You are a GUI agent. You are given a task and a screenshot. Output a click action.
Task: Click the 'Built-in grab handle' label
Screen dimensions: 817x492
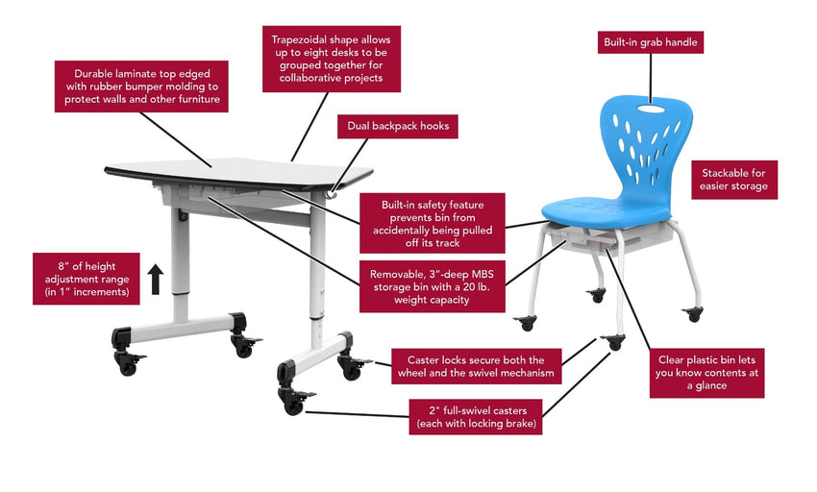pos(651,42)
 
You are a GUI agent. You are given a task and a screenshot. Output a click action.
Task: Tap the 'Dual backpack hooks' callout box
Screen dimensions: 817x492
pos(398,126)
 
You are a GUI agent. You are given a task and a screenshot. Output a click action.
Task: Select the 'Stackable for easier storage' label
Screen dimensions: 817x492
pos(734,180)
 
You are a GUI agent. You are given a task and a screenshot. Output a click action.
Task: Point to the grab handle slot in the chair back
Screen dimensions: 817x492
pos(651,109)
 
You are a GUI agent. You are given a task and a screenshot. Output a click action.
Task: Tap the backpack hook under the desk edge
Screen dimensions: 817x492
pos(332,194)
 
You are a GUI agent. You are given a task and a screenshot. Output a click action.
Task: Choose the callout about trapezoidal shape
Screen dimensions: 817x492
pos(332,59)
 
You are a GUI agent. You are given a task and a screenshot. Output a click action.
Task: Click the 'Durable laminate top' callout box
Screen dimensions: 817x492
pos(141,86)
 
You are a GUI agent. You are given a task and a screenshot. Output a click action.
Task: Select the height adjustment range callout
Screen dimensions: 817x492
pos(87,279)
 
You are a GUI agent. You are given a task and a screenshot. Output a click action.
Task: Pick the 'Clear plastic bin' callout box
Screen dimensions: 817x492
pos(706,373)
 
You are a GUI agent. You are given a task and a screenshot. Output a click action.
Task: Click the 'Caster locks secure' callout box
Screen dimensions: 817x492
pos(476,366)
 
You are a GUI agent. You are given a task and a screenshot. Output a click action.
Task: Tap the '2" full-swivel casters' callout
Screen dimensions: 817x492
pos(476,417)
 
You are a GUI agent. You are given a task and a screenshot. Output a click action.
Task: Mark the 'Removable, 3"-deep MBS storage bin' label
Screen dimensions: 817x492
pos(432,286)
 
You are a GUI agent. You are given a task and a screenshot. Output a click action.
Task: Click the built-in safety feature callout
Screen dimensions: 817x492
pos(432,223)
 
